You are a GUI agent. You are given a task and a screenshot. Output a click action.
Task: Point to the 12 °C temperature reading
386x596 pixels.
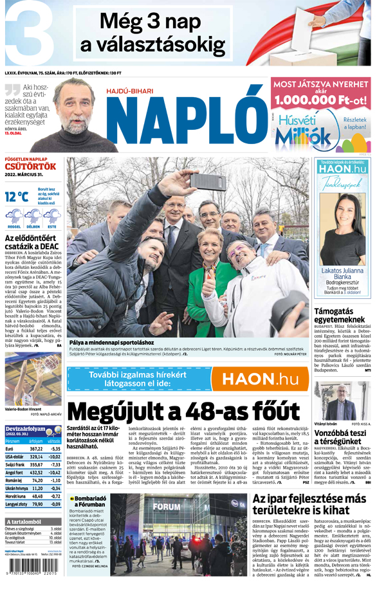(x=18, y=197)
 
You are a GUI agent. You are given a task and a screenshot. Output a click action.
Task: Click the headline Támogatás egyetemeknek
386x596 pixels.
(x=338, y=314)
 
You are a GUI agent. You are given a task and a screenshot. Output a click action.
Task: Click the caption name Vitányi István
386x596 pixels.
(x=327, y=424)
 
